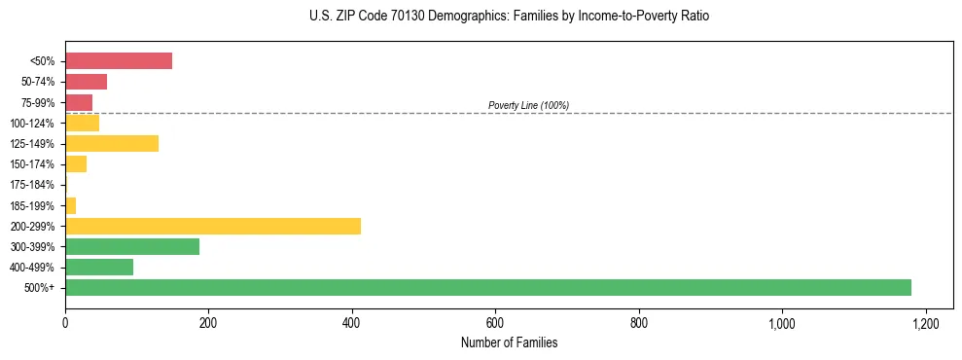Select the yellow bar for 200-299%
(x=213, y=226)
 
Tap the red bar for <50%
(x=119, y=61)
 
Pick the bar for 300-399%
(x=132, y=246)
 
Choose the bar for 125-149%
(x=112, y=143)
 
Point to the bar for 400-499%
(x=99, y=267)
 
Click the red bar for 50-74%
(x=86, y=82)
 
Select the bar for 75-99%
(x=79, y=102)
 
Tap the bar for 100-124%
(x=82, y=123)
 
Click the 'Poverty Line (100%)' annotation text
(x=528, y=105)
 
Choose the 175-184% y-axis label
(x=32, y=185)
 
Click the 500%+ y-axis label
(x=40, y=288)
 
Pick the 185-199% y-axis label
(x=32, y=205)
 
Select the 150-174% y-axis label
(x=32, y=164)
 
